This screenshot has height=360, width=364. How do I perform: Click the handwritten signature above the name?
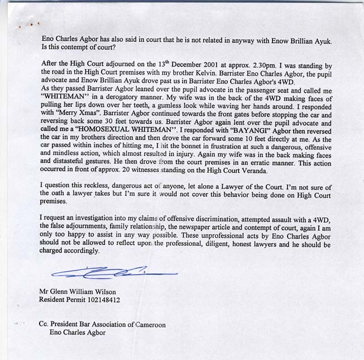pyautogui.click(x=112, y=272)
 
